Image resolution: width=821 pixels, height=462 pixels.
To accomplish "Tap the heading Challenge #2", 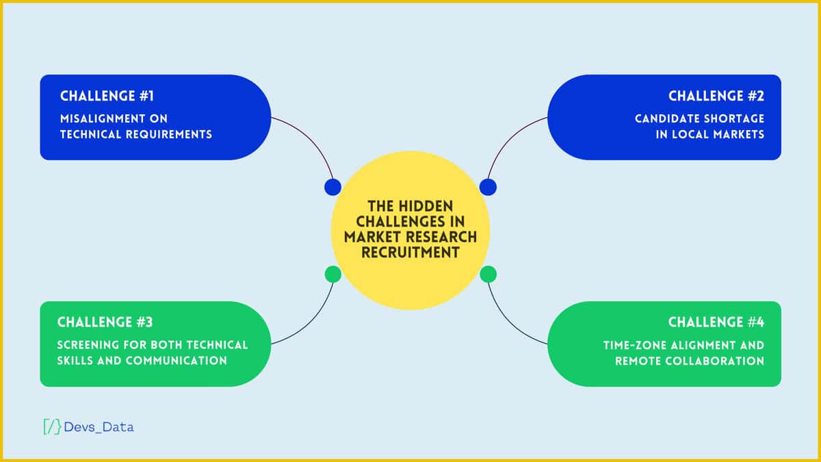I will pyautogui.click(x=716, y=96).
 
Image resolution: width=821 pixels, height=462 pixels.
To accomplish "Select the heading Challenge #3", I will pyautogui.click(x=105, y=322).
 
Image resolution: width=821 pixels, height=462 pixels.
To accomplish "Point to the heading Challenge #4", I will pyautogui.click(x=716, y=322).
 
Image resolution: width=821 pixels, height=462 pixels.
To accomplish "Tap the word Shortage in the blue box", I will pyautogui.click(x=736, y=118).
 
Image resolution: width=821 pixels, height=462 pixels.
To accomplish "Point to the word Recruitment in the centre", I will pyautogui.click(x=410, y=252).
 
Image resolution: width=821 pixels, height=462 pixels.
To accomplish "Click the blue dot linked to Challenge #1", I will pyautogui.click(x=333, y=187).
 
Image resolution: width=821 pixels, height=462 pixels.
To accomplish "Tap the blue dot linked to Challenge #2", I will pyautogui.click(x=488, y=187).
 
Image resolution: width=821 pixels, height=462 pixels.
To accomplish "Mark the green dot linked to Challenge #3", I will pyautogui.click(x=333, y=274).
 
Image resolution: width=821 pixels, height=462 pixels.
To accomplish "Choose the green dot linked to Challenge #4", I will pyautogui.click(x=488, y=274).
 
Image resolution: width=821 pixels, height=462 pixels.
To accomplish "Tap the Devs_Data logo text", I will pyautogui.click(x=99, y=427).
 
